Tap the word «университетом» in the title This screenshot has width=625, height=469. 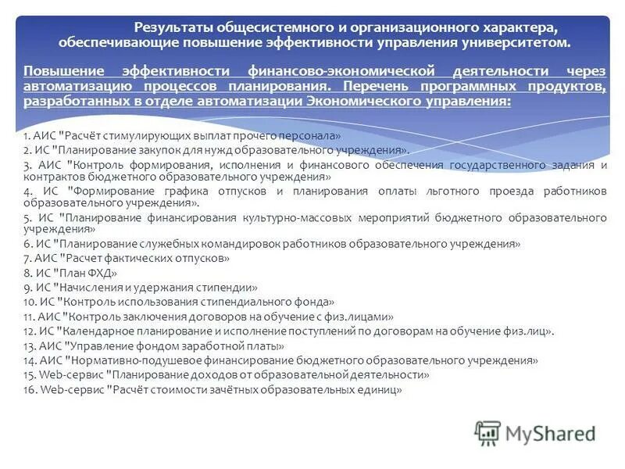[x=519, y=44]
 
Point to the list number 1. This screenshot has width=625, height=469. [x=27, y=136]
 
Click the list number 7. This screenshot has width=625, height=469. [x=27, y=258]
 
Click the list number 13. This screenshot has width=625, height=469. [x=29, y=345]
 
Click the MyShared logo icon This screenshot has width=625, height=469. [x=487, y=432]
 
